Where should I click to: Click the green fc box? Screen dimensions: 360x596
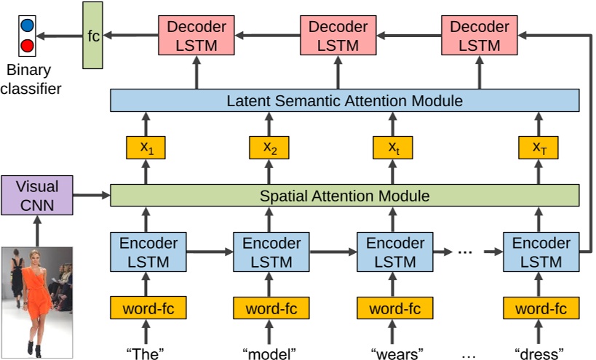pos(92,35)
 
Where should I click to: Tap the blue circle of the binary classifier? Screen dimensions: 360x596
pos(27,26)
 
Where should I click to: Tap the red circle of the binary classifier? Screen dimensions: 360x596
pos(27,47)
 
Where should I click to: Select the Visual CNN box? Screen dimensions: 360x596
pos(36,195)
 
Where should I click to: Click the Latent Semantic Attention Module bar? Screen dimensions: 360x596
pos(344,100)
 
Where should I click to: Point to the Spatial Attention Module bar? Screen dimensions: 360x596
pos(344,196)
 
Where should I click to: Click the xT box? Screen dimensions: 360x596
pos(539,148)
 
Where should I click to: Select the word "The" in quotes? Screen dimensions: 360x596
pos(145,353)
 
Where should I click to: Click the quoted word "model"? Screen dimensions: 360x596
pos(269,353)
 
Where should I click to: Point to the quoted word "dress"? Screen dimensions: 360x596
pos(539,353)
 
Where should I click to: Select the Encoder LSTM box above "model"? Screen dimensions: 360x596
pos(269,252)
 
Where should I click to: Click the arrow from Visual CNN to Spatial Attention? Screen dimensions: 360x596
pos(90,195)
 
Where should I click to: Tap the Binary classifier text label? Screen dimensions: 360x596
pos(31,80)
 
